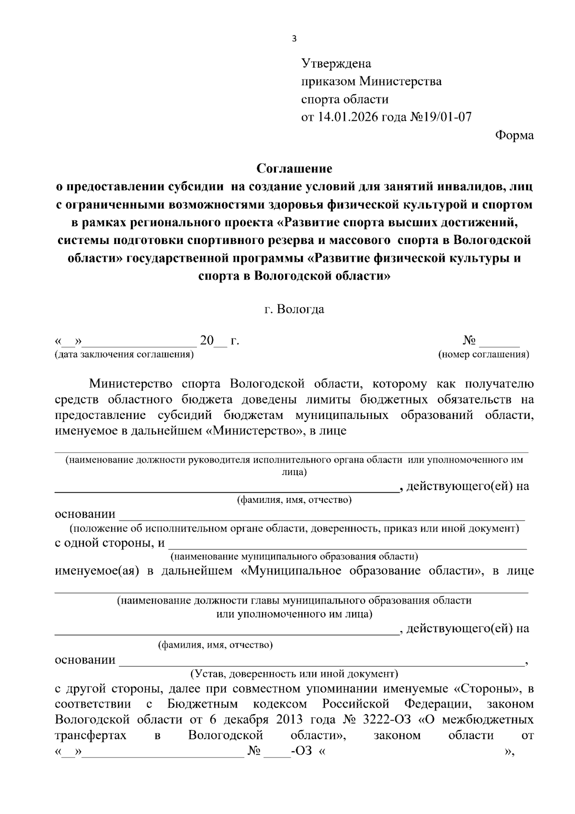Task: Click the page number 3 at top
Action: point(294,39)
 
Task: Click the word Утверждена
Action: point(336,63)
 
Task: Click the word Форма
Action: point(514,135)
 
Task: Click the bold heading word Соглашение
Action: point(294,169)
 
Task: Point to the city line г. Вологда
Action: point(294,309)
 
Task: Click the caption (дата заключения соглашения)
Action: point(124,355)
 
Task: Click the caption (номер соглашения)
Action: point(483,355)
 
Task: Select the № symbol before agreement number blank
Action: point(469,341)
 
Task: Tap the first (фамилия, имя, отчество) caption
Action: point(294,500)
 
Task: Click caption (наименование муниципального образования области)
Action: point(294,557)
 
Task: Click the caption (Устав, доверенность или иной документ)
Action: point(294,674)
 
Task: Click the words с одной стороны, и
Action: point(110,543)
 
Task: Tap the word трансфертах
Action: point(91,735)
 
